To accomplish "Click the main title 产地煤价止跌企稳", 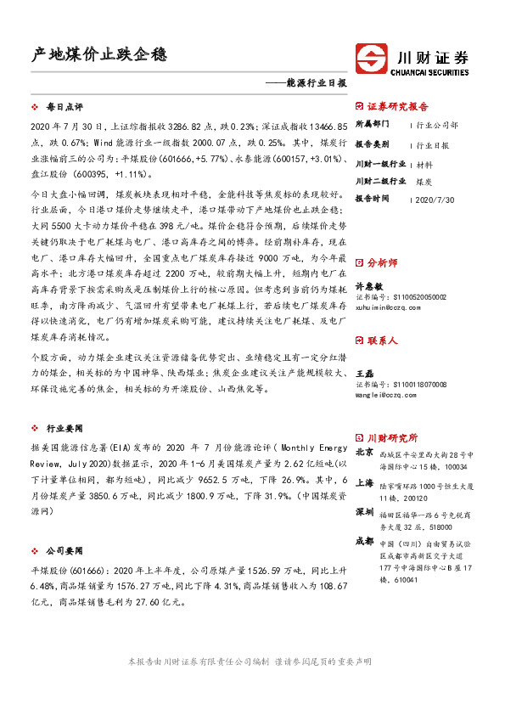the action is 99,55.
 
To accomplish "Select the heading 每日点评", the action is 64,108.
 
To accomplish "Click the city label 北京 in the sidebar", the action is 364,452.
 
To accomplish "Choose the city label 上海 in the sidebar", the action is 364,481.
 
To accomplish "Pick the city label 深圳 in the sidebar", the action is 364,512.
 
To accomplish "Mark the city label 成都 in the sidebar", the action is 364,542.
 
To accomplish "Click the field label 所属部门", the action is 373,124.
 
